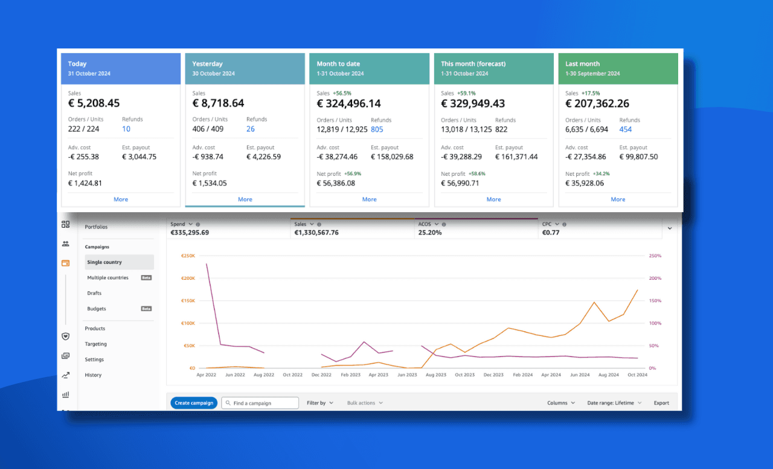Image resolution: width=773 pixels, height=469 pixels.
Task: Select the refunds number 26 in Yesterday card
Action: [251, 129]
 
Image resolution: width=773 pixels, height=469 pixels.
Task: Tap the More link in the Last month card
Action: [618, 199]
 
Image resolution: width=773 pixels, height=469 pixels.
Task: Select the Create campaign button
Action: [194, 403]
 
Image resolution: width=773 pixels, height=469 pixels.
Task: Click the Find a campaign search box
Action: [260, 403]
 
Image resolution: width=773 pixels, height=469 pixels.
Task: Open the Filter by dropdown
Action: [319, 403]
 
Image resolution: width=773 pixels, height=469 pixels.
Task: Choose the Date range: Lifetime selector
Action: [614, 403]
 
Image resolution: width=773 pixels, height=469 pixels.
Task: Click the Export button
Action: [661, 403]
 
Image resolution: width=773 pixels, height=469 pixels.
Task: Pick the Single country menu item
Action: [104, 262]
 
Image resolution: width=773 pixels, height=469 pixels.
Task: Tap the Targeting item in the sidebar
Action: [95, 344]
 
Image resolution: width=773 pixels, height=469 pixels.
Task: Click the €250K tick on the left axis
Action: [188, 256]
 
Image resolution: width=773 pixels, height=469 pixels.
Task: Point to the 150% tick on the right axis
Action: [655, 300]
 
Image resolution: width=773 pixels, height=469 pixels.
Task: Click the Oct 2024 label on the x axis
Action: [637, 375]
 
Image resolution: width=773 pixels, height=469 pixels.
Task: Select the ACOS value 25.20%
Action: [430, 232]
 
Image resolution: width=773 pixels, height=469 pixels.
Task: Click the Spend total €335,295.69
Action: [190, 232]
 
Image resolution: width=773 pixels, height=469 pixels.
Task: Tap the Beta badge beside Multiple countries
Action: [146, 278]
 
